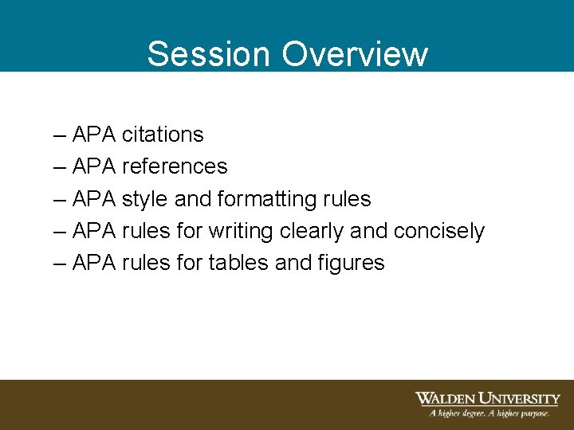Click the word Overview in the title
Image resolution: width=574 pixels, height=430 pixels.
(x=355, y=54)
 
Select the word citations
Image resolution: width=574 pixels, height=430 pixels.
(x=163, y=135)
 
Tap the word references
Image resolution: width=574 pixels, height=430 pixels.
(x=175, y=166)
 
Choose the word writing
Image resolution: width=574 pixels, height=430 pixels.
(x=242, y=231)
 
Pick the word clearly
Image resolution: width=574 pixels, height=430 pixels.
(x=312, y=231)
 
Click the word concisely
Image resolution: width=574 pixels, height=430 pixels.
(x=439, y=231)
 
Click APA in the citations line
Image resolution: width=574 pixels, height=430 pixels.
(x=94, y=135)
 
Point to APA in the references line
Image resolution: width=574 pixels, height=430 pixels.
(x=94, y=166)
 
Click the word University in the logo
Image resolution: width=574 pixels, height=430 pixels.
(x=518, y=398)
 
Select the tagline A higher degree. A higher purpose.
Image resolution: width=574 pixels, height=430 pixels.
(x=489, y=413)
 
